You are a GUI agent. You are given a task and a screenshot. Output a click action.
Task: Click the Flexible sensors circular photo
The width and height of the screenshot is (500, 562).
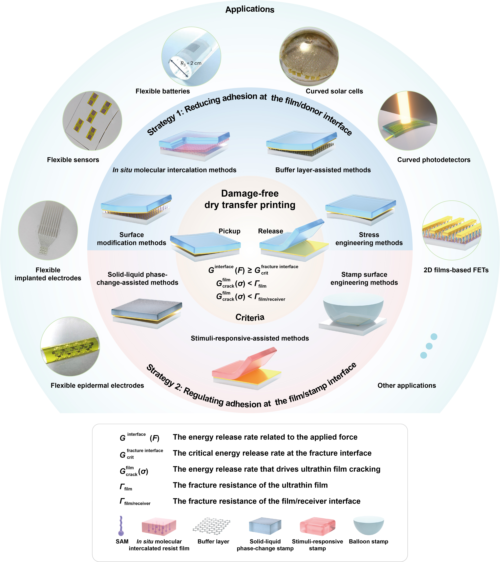[92, 121]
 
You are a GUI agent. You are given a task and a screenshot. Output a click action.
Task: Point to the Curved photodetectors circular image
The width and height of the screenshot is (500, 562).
[407, 121]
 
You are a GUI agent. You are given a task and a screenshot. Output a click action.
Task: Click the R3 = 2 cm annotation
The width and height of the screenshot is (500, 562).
[191, 63]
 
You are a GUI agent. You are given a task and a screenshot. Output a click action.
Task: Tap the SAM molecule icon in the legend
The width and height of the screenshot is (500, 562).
[121, 526]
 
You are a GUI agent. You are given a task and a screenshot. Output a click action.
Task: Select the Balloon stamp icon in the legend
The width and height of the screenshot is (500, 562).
[368, 525]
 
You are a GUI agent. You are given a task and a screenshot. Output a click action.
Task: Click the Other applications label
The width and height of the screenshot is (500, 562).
[407, 386]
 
